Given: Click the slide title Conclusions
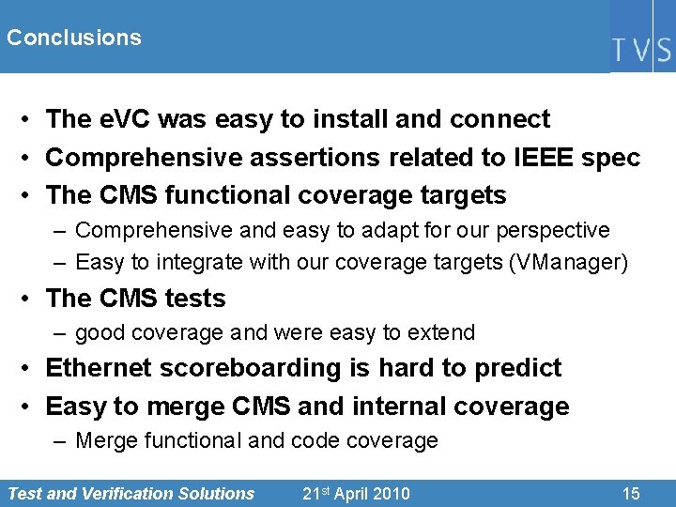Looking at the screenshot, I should pos(73,38).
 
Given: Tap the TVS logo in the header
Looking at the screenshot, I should pos(642,48).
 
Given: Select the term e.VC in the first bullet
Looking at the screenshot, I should pos(125,119).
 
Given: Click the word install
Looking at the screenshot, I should pos(352,119).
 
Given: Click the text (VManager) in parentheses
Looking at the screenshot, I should pos(567,262).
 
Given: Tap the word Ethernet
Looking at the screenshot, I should pos(99,367).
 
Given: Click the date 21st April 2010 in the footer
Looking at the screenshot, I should pos(356,493).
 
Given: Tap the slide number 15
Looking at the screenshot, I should pos(630,493).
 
